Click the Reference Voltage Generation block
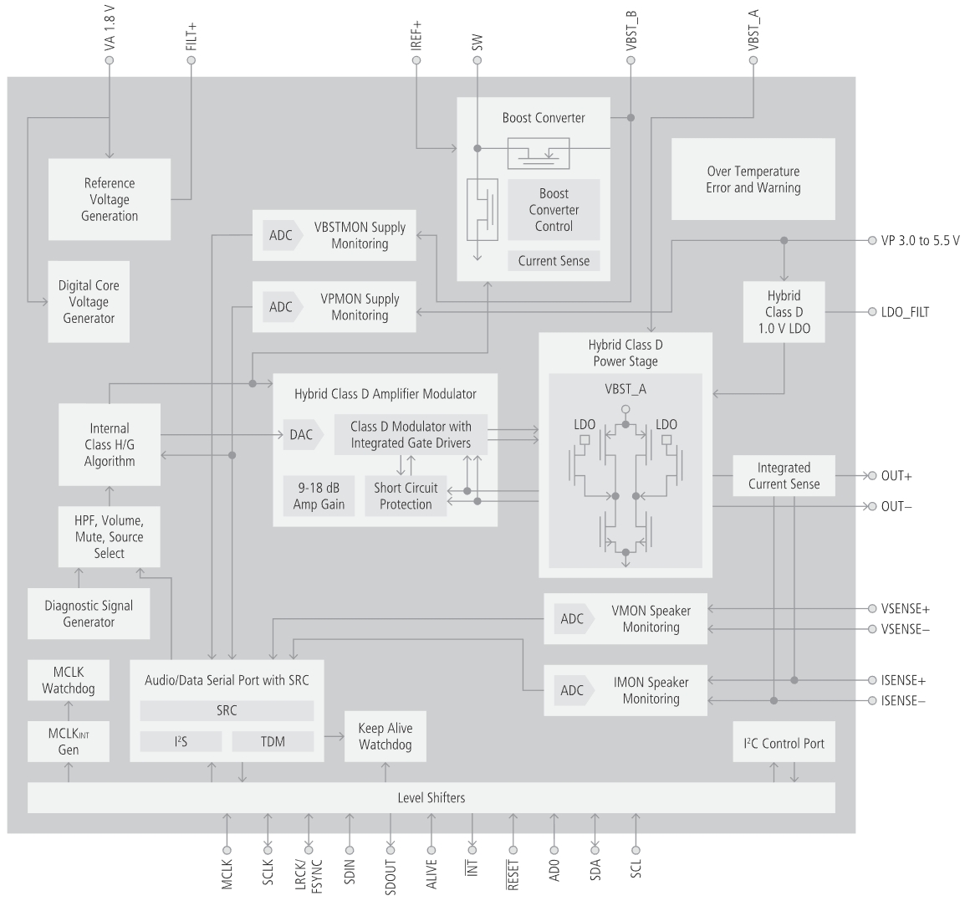click(x=109, y=199)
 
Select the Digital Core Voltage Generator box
click(x=89, y=301)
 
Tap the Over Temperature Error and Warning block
click(x=753, y=180)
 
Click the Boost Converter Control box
click(x=554, y=209)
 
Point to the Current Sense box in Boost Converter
click(x=554, y=261)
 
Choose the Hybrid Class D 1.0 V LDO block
click(x=784, y=312)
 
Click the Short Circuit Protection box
click(x=406, y=496)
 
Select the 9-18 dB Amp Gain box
click(x=319, y=496)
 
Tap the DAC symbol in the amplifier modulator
click(x=301, y=434)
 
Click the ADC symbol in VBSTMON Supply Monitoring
click(x=281, y=236)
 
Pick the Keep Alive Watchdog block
click(x=385, y=736)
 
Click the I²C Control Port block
click(x=784, y=743)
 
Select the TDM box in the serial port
click(x=273, y=741)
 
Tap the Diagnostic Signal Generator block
click(x=89, y=613)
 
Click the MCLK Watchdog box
click(x=69, y=680)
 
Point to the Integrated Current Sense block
click(x=784, y=475)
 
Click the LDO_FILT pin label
click(x=905, y=312)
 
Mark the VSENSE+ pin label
click(x=905, y=608)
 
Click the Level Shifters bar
click(x=431, y=797)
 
